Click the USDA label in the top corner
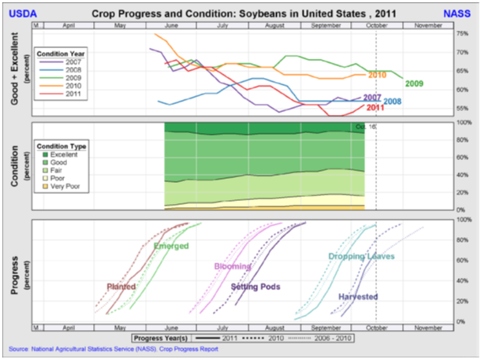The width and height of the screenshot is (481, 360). (21, 14)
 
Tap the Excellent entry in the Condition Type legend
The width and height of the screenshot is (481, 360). (66, 156)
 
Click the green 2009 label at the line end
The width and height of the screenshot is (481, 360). (415, 84)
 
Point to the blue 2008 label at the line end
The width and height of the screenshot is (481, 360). (392, 102)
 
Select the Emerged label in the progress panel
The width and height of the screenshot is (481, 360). (171, 247)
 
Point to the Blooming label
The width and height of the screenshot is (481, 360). (233, 266)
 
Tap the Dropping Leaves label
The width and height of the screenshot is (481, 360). (361, 257)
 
